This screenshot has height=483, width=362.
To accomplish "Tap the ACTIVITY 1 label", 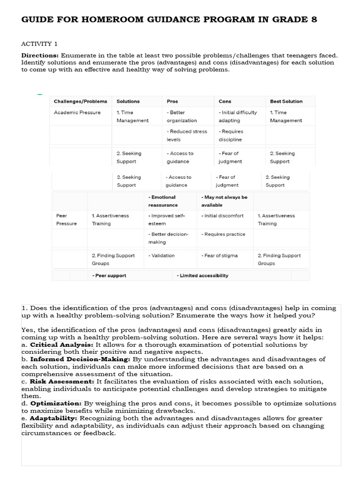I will click(x=39, y=44).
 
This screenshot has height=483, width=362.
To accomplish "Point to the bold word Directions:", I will click(x=40, y=55).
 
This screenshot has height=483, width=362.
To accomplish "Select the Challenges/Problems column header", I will click(x=80, y=101).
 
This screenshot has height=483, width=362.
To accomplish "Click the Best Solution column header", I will click(x=286, y=101).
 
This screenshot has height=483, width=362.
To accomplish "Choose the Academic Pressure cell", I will click(x=77, y=113).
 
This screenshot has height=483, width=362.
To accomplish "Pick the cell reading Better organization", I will click(x=181, y=117).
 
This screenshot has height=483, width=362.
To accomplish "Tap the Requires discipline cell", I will click(x=230, y=135).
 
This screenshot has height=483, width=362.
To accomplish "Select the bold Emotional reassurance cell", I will click(x=163, y=201).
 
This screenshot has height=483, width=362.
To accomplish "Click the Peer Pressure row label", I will click(x=66, y=219).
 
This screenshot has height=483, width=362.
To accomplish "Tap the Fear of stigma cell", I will click(x=219, y=256).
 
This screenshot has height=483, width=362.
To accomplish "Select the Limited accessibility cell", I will click(x=202, y=275).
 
